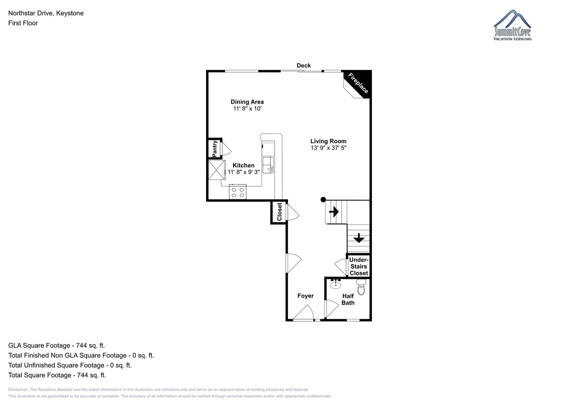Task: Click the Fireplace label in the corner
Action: (x=358, y=83)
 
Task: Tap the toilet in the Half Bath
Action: (x=361, y=287)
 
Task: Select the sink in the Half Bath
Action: (x=335, y=284)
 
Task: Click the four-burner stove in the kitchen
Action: (x=237, y=192)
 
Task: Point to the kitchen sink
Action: (x=268, y=165)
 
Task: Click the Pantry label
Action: (x=214, y=149)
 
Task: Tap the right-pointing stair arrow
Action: (x=334, y=212)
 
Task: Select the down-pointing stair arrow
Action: (x=359, y=238)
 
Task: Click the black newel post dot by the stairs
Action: (x=323, y=199)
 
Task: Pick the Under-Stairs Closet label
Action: (x=359, y=266)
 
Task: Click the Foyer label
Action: (x=305, y=296)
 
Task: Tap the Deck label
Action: (x=304, y=66)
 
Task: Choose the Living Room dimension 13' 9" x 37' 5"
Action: (x=328, y=148)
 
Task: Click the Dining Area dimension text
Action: (x=248, y=109)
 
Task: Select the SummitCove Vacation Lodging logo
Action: (x=512, y=25)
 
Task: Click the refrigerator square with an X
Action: (x=217, y=170)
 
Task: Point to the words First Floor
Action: (x=23, y=23)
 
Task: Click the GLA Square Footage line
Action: (x=56, y=345)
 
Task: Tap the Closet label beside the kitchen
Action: (x=279, y=212)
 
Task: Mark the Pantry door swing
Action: (x=226, y=149)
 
